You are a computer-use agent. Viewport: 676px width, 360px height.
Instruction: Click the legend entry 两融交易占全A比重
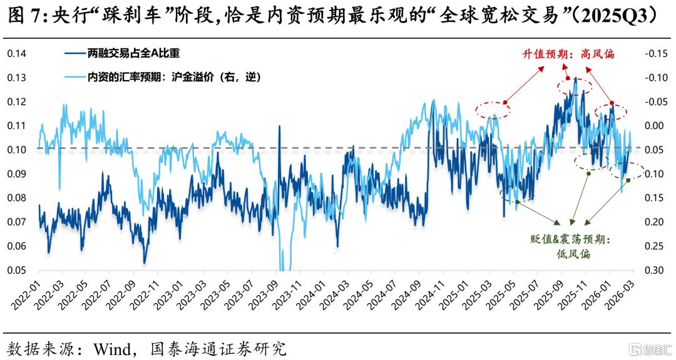pyautogui.click(x=122, y=53)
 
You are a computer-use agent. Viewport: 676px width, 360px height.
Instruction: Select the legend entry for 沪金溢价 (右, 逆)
pyautogui.click(x=163, y=78)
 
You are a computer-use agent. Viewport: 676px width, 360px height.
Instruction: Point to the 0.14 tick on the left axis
pyautogui.click(x=16, y=53)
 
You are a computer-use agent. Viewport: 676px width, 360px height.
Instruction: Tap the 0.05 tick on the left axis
pyautogui.click(x=16, y=270)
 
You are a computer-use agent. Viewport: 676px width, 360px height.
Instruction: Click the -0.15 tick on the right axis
pyautogui.click(x=656, y=53)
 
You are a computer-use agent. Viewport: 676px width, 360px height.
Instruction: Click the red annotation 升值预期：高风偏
pyautogui.click(x=568, y=54)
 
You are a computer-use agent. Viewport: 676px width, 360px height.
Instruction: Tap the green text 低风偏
pyautogui.click(x=573, y=254)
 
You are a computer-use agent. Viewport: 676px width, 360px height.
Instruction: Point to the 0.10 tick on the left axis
pyautogui.click(x=16, y=150)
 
